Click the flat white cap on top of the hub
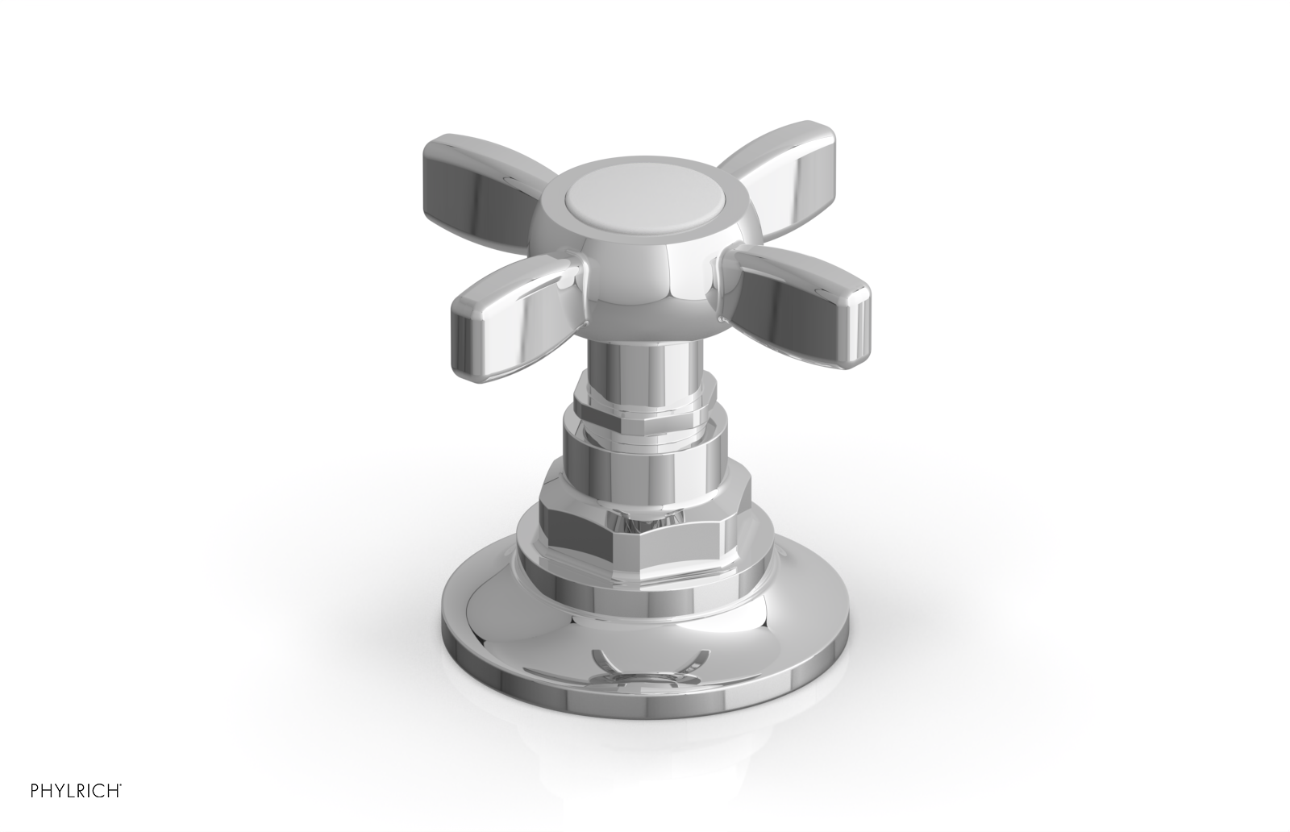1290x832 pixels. pos(634,203)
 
